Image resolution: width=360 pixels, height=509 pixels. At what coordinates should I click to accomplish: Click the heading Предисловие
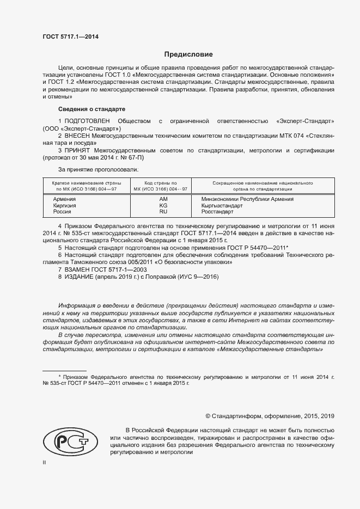click(188, 54)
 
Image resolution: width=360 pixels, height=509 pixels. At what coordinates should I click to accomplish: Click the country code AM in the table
click(163, 199)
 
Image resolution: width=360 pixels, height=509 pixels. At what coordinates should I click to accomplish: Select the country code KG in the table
click(163, 206)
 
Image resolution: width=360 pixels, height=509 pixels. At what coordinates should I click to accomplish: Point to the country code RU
click(163, 212)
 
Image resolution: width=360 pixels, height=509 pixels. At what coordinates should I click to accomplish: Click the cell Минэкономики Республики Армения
click(247, 199)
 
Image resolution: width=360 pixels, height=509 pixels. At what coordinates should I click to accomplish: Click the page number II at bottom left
click(45, 463)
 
